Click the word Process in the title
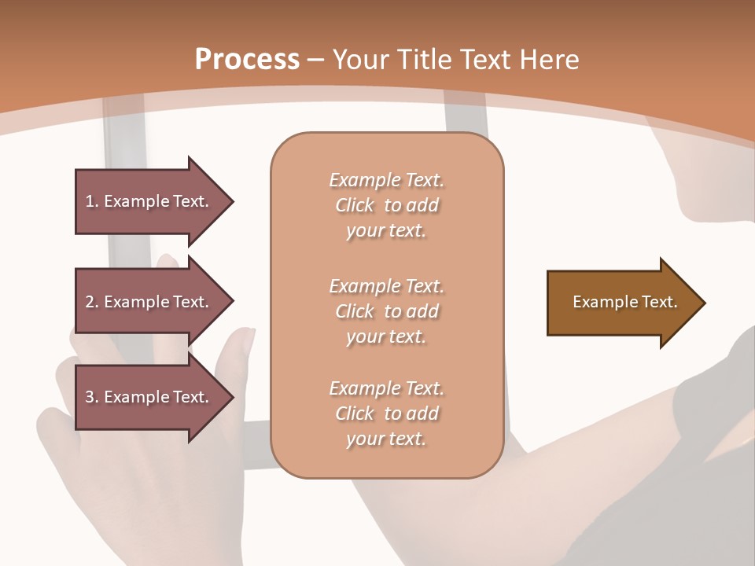tap(247, 60)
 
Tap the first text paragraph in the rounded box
tap(386, 205)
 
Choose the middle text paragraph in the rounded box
tap(386, 311)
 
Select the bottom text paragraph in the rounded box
tap(386, 413)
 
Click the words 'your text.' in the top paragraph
tap(386, 231)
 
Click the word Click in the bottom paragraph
tap(355, 413)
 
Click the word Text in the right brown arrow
tap(660, 302)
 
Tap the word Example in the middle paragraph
tap(364, 286)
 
